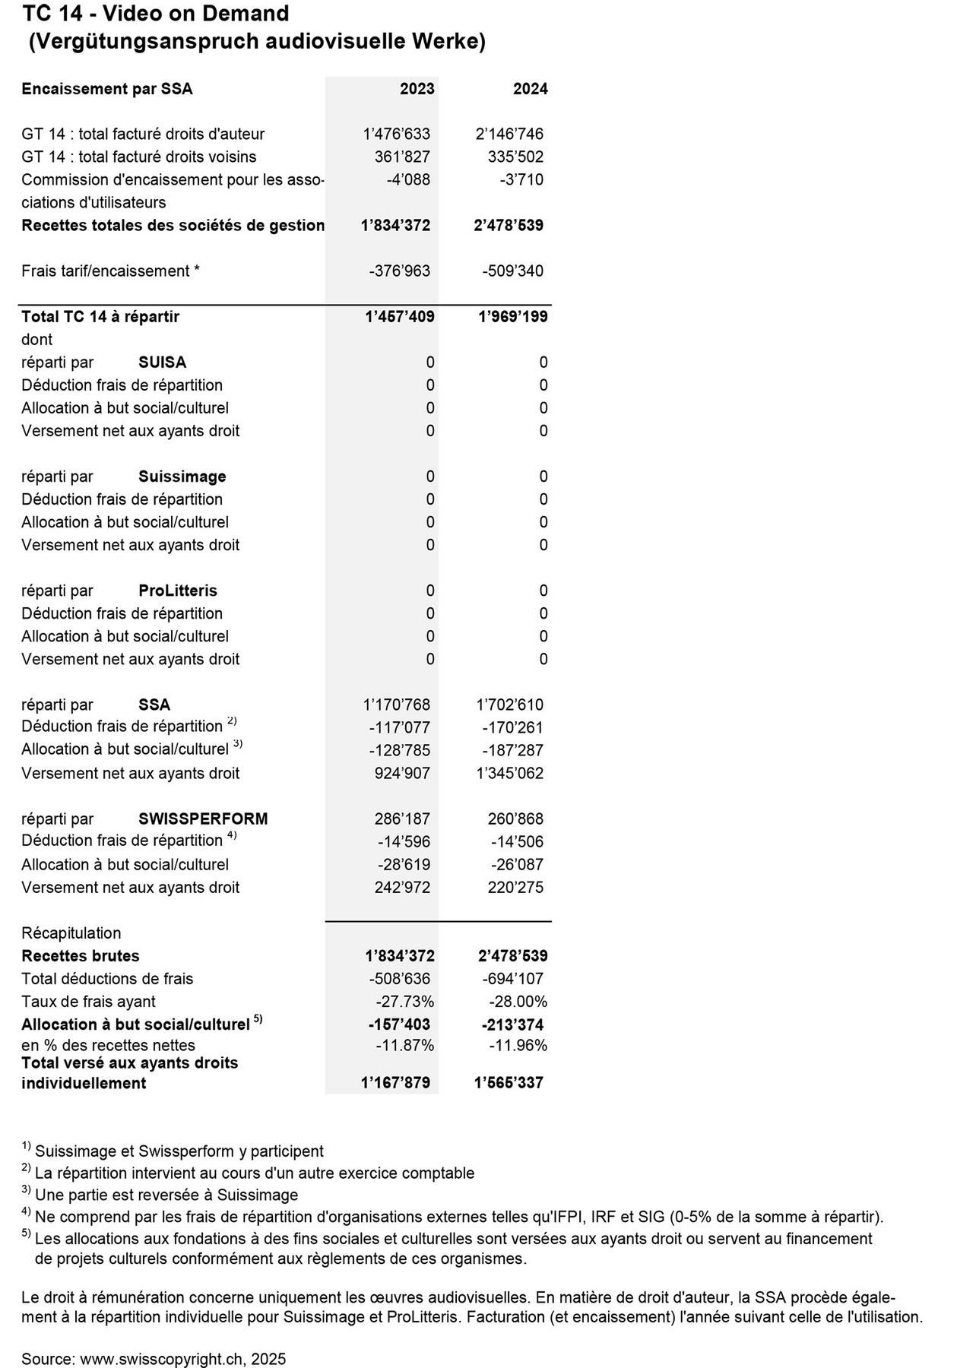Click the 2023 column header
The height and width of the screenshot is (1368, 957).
417,89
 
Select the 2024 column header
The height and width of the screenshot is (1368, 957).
530,89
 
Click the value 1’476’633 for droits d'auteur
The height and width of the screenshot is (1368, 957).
396,134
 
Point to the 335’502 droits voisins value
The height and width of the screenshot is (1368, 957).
515,157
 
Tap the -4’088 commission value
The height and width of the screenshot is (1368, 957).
407,179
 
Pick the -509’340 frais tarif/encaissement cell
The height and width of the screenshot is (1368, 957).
513,271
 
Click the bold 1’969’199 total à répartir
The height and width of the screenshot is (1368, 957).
512,316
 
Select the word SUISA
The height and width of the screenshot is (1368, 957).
162,362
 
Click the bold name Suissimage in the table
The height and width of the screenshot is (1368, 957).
182,477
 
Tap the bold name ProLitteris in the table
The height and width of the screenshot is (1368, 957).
178,591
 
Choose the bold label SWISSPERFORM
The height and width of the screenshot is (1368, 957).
203,819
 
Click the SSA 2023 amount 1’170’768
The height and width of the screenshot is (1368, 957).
396,705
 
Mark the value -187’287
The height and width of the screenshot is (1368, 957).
513,750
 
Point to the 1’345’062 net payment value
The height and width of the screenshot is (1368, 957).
509,773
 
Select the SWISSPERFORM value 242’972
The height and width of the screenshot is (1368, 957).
402,887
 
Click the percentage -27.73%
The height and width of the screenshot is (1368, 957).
404,1001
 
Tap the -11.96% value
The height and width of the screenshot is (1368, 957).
518,1045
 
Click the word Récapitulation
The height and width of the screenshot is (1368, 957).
71,933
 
